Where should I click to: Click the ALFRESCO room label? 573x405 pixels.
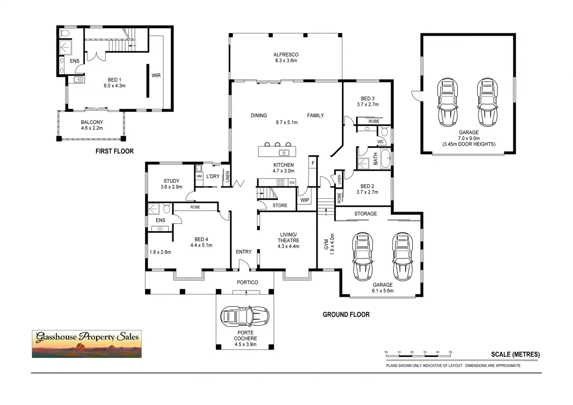point(286,55)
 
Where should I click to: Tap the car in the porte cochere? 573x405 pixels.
point(245,316)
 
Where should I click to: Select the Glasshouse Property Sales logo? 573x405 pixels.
point(87,344)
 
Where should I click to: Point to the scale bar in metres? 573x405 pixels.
point(418,353)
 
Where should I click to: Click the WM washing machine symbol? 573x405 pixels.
point(199,176)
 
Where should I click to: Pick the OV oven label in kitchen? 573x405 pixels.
point(292,183)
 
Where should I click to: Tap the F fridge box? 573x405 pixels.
point(313,163)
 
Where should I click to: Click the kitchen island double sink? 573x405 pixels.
point(284,152)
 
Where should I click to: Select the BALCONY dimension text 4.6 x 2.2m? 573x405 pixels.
point(92,128)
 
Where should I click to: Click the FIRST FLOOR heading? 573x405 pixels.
point(114,151)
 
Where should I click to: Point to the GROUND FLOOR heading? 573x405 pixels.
point(346,315)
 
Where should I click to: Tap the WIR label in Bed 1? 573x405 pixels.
point(156,75)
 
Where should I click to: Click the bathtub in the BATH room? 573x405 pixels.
point(385,159)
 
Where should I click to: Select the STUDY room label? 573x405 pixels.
point(171,181)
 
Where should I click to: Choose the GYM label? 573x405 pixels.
point(326,244)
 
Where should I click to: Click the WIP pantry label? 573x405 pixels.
point(304,200)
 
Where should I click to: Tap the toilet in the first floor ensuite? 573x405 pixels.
point(65,33)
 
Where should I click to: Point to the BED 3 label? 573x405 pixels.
point(367,99)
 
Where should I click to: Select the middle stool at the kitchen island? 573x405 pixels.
point(277,144)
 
